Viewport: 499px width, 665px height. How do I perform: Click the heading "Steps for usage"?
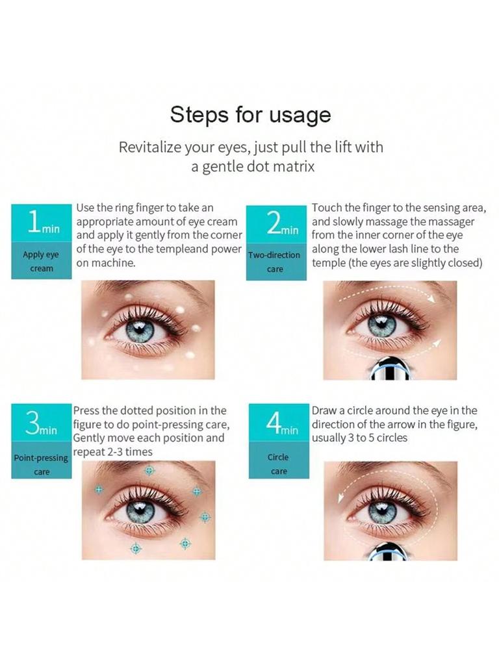tap(250, 114)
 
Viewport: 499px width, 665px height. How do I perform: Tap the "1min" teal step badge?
tap(42, 223)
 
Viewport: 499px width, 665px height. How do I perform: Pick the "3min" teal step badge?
tap(41, 424)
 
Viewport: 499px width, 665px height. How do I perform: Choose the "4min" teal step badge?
tap(279, 424)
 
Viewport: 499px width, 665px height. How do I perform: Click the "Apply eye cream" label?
tap(42, 261)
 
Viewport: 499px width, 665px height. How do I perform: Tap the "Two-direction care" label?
tap(275, 262)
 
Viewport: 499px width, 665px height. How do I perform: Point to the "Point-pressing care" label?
tap(41, 464)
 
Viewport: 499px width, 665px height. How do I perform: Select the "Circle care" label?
tap(278, 464)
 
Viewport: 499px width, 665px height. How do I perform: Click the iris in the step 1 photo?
tap(140, 330)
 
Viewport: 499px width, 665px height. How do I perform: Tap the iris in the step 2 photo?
tap(381, 325)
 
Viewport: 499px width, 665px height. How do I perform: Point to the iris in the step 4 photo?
tap(382, 511)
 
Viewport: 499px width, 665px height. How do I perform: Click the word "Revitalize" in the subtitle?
tap(149, 147)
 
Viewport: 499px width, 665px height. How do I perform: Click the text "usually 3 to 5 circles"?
tap(360, 438)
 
